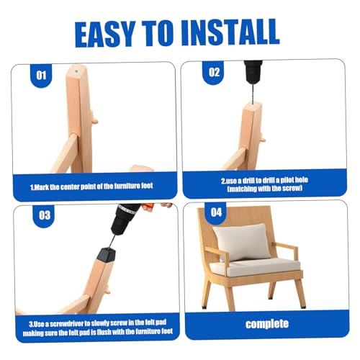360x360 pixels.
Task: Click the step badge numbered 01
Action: click(x=41, y=76)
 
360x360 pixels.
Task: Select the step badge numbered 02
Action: click(x=214, y=72)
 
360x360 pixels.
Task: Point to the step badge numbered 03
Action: click(x=45, y=215)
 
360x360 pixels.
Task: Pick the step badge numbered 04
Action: click(x=216, y=212)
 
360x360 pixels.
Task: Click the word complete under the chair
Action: click(x=267, y=324)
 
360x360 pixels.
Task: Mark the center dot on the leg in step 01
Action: click(x=76, y=71)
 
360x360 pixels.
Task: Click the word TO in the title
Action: click(x=158, y=33)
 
